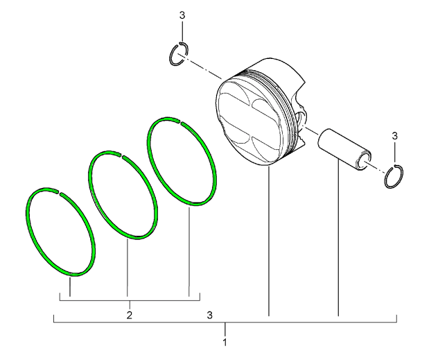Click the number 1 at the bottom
point(225,342)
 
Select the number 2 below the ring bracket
point(130,315)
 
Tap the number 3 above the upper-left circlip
point(182,15)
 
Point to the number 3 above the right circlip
point(394,136)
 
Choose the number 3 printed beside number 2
point(210,315)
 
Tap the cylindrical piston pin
point(344,149)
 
